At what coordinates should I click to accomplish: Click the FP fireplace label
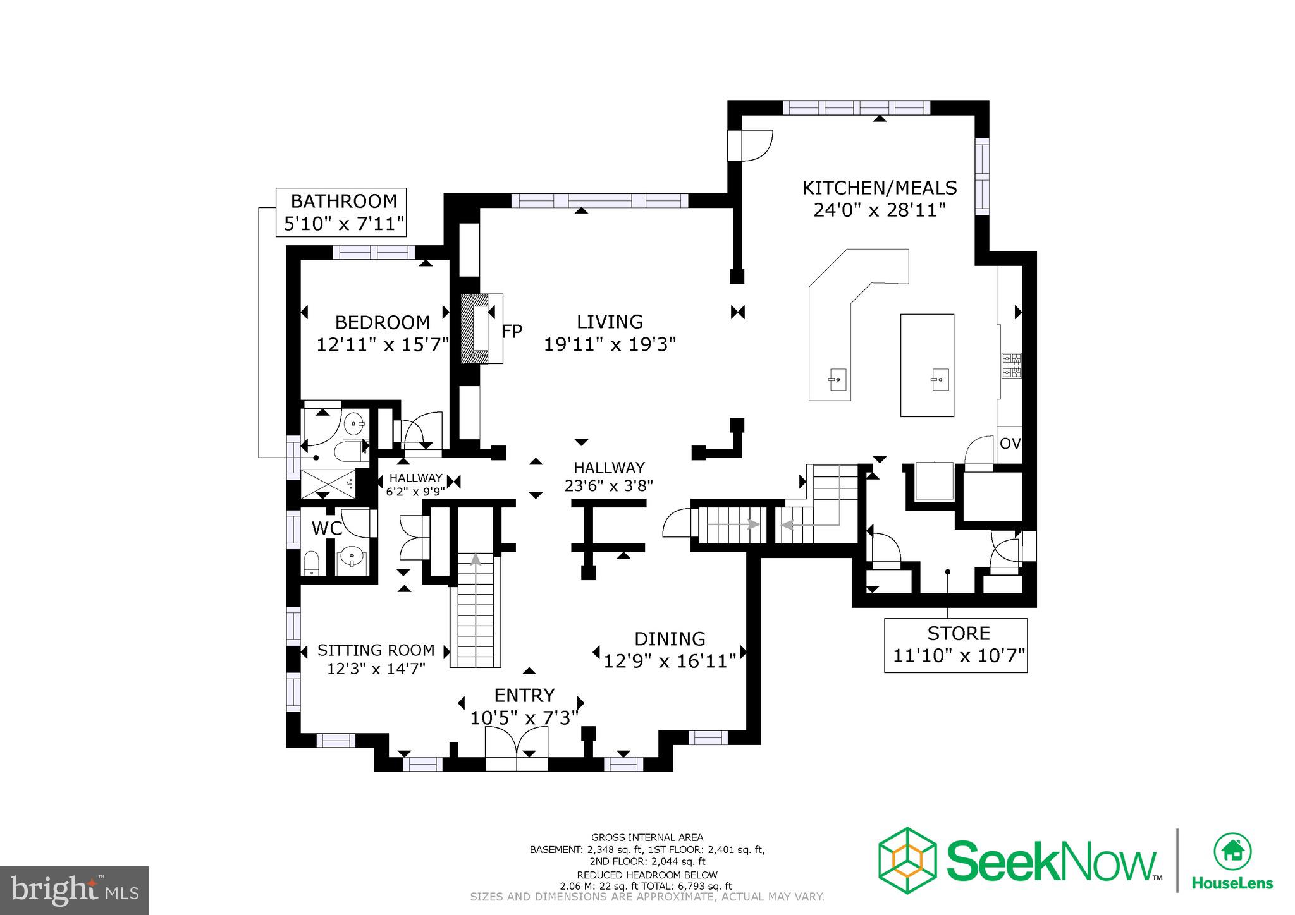[x=512, y=331]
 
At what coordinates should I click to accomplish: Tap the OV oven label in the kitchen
[x=1010, y=444]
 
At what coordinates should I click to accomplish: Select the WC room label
[x=327, y=528]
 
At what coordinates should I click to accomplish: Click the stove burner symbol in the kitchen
[x=1011, y=365]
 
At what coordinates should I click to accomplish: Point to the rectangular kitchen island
[x=927, y=365]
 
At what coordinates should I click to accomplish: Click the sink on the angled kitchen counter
[x=836, y=380]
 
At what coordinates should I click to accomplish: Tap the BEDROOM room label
[x=382, y=322]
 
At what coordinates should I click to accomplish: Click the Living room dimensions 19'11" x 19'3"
[x=610, y=344]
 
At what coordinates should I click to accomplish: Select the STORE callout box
[x=955, y=645]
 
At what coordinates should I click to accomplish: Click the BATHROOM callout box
[x=341, y=212]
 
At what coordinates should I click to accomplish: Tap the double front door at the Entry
[x=517, y=749]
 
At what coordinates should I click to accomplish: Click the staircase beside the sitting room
[x=476, y=610]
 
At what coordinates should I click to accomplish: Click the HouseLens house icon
[x=1232, y=851]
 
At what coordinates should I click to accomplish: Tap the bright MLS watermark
[x=75, y=891]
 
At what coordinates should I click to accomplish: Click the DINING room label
[x=670, y=639]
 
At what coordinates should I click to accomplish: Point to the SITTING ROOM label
[x=376, y=650]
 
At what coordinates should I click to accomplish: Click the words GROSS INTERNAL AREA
[x=647, y=837]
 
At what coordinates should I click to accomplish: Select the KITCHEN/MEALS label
[x=879, y=188]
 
